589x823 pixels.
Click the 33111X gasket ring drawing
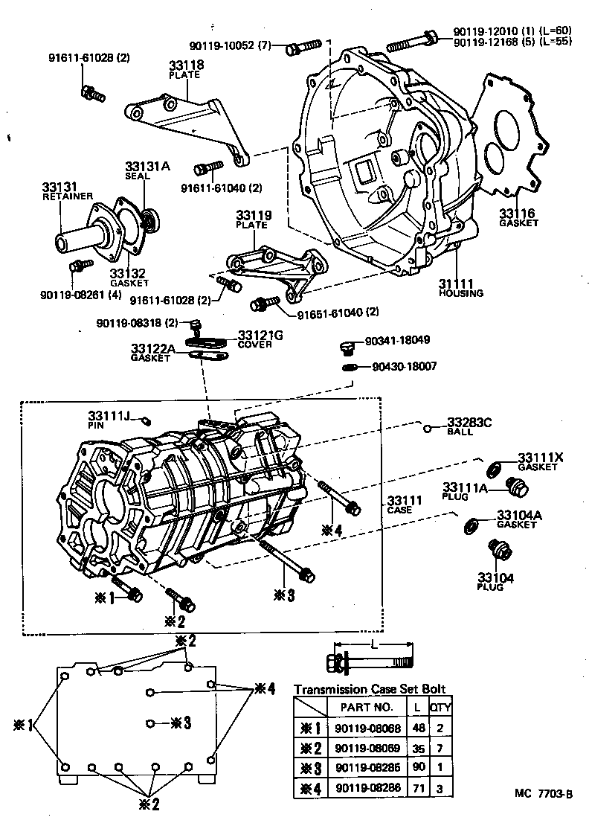click(492, 468)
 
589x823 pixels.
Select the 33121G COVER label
click(260, 339)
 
